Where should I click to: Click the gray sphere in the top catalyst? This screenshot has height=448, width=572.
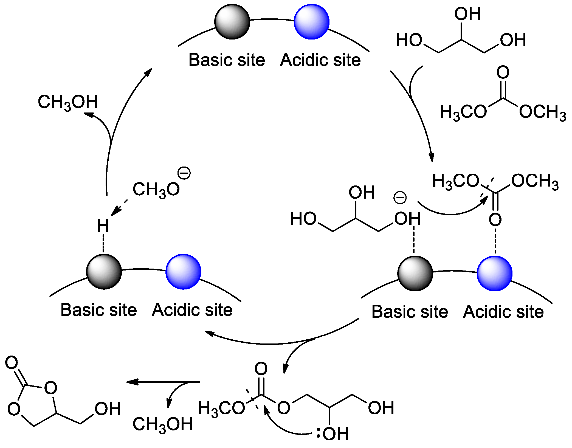(x=232, y=22)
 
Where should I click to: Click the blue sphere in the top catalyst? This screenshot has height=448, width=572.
(x=311, y=22)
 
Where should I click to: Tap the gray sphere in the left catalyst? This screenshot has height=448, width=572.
(x=104, y=272)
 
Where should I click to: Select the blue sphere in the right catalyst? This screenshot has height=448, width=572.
(x=495, y=273)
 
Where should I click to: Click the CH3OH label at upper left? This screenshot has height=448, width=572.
(x=68, y=102)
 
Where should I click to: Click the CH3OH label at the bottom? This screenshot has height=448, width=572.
(x=163, y=424)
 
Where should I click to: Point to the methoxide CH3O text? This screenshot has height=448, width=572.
(x=156, y=189)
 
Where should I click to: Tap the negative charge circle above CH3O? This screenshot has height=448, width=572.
(x=184, y=173)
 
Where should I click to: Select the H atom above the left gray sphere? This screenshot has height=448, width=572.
(x=103, y=226)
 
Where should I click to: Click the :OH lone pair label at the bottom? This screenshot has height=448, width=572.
(x=333, y=434)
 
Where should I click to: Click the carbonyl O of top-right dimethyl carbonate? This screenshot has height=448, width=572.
(x=503, y=72)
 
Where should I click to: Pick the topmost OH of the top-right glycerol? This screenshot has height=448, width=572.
(x=467, y=14)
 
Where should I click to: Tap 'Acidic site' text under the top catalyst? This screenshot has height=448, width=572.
(x=320, y=60)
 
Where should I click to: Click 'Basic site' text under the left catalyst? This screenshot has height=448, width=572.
(x=98, y=310)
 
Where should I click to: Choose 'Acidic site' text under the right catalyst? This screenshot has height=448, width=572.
(x=503, y=312)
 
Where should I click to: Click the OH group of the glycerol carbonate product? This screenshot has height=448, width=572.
(x=108, y=409)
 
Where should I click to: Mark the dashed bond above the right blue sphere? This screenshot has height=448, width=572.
(x=495, y=241)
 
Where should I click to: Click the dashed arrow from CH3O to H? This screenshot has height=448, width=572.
(x=119, y=208)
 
